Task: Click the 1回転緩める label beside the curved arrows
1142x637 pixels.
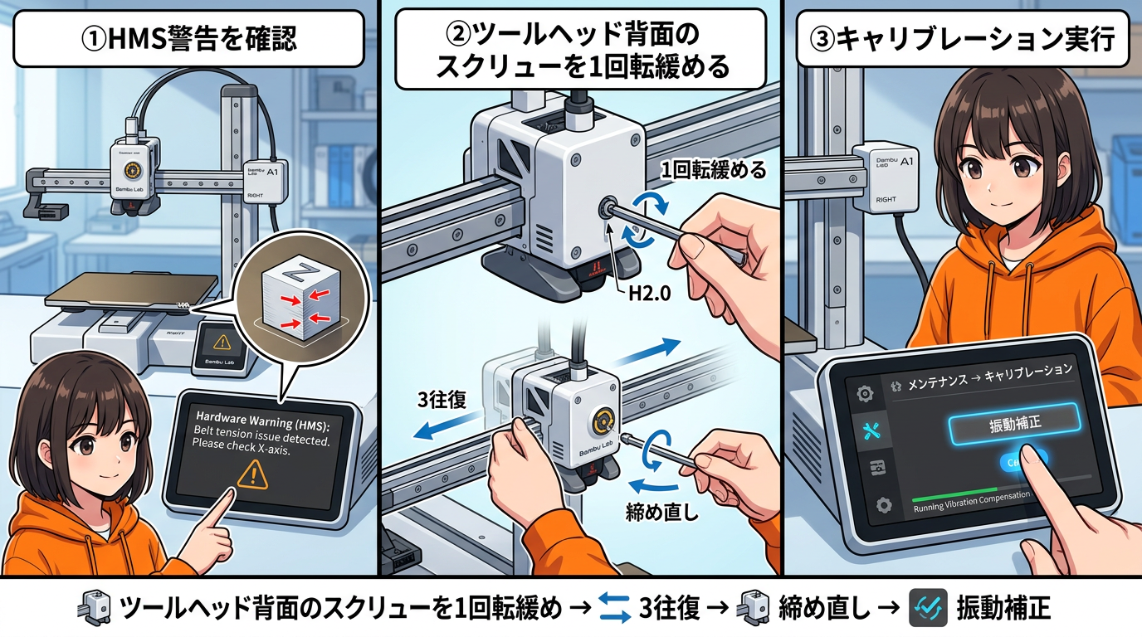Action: pyautogui.click(x=713, y=173)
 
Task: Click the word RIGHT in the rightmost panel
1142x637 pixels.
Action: pyautogui.click(x=886, y=199)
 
